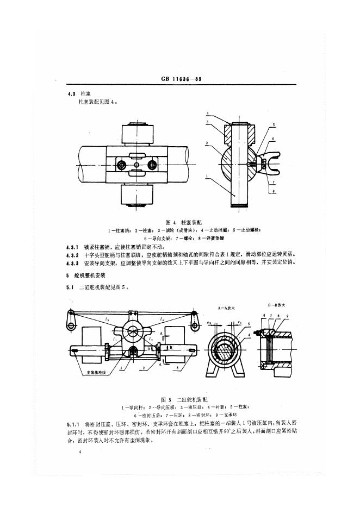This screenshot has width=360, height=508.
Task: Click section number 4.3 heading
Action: pos(71,95)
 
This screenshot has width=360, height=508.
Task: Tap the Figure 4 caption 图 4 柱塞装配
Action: pos(184,223)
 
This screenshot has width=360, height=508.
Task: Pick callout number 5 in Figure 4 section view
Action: pos(274,126)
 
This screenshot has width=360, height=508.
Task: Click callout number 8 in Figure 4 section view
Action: pos(274,192)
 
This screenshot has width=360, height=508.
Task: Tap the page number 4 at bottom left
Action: pos(80,451)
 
